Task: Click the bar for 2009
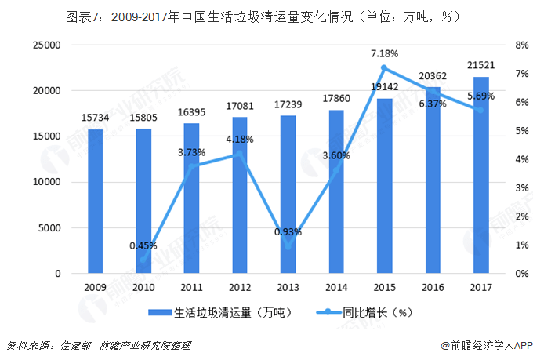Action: tap(95, 202)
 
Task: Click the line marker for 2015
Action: tap(384, 68)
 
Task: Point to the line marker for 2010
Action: tap(143, 260)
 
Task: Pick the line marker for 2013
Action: tap(288, 247)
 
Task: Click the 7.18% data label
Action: tap(384, 53)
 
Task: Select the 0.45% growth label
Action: tap(143, 245)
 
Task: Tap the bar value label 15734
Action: tap(95, 118)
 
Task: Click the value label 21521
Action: tap(480, 65)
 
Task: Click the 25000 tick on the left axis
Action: tap(48, 45)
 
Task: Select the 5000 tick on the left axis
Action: tap(51, 228)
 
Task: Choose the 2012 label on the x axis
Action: tap(239, 288)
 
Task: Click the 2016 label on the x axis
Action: tap(432, 288)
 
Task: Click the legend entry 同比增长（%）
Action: tap(377, 312)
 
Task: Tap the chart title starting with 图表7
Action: tap(267, 15)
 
